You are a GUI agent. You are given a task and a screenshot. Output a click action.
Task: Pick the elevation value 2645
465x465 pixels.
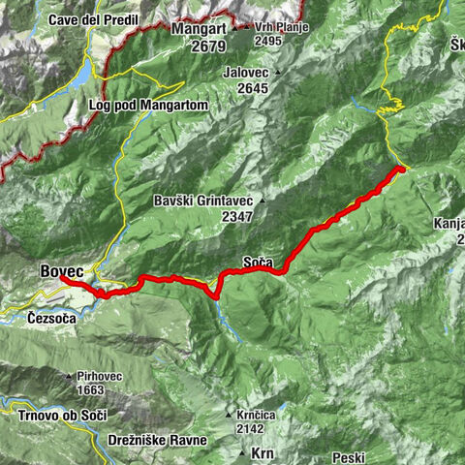(x=254, y=88)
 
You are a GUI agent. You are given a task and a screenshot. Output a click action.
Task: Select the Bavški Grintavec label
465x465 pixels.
(x=202, y=201)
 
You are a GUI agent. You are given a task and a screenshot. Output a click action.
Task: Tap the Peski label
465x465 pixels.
(x=347, y=456)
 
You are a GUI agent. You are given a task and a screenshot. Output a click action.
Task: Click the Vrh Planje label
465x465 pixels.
(x=281, y=26)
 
